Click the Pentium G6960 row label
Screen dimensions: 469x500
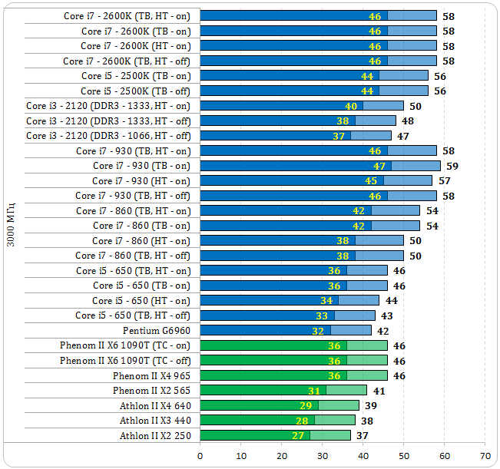tap(157, 331)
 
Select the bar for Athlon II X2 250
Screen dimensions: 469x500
tap(275, 436)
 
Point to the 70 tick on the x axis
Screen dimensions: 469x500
tap(485, 454)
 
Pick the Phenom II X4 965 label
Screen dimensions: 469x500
tap(151, 376)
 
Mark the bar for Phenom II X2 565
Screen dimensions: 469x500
tap(283, 391)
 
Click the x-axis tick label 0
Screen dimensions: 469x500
tap(200, 454)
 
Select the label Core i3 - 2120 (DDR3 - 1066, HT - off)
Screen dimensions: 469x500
tap(108, 136)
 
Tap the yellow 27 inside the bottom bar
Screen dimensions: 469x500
tap(298, 436)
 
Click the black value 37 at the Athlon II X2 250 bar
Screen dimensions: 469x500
tap(362, 436)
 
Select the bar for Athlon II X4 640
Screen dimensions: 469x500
tap(279, 406)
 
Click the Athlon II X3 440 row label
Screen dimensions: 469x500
tap(155, 421)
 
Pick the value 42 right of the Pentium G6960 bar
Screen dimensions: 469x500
tap(382, 331)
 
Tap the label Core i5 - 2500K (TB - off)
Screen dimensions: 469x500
tap(135, 91)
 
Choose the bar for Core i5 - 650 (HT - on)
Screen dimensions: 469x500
tap(289, 301)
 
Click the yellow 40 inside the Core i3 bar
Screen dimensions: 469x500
tap(351, 106)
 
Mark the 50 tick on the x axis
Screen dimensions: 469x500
tap(403, 454)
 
